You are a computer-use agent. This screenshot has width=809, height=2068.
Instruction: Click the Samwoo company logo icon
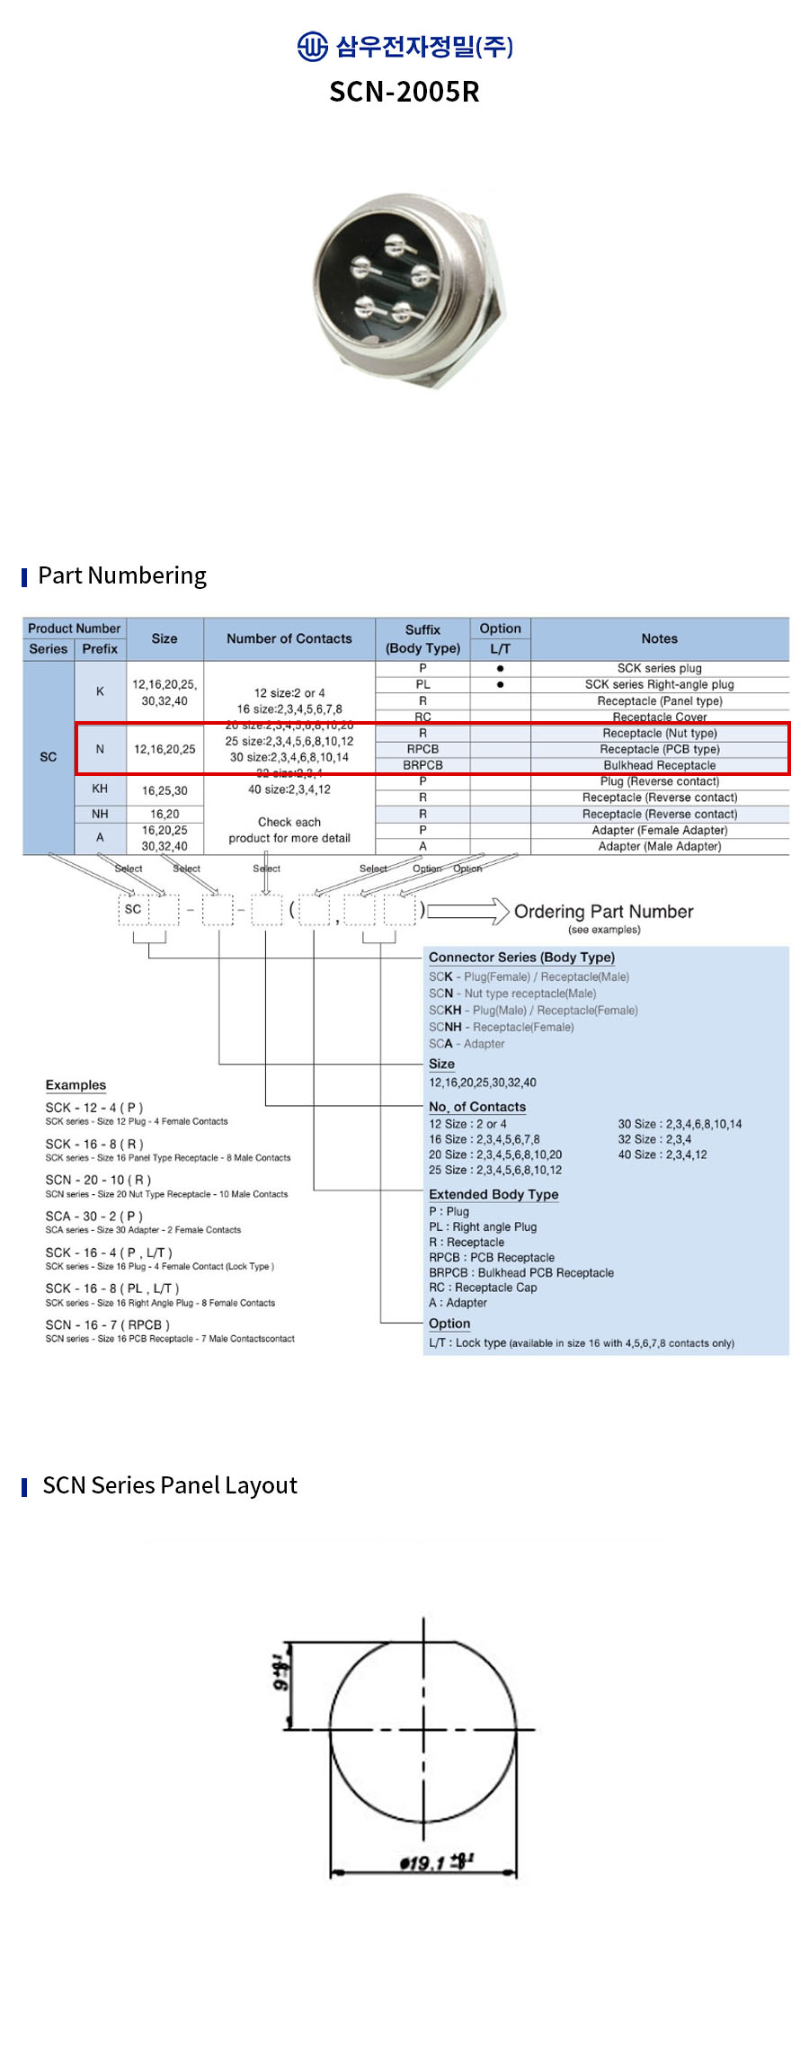tap(312, 46)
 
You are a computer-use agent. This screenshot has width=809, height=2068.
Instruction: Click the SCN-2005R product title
tap(404, 92)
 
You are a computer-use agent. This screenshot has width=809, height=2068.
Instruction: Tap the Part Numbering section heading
tap(122, 575)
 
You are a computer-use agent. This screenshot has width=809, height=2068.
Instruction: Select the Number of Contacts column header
tap(289, 638)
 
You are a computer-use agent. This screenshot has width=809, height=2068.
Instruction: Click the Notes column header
tap(659, 638)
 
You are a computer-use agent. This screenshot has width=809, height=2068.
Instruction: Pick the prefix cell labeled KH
tap(100, 789)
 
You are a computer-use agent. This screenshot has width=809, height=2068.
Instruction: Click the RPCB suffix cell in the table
tap(422, 749)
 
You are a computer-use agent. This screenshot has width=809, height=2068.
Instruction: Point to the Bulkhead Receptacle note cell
tap(659, 765)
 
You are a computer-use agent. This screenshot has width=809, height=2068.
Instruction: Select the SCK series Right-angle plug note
tap(659, 684)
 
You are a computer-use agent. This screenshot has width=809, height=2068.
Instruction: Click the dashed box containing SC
tap(133, 909)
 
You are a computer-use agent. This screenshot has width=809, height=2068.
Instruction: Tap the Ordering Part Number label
tap(603, 912)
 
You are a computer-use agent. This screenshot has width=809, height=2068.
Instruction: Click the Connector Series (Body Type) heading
tap(521, 958)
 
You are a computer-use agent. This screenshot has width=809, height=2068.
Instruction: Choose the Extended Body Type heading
tap(493, 1194)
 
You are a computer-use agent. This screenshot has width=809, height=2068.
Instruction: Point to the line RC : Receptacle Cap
tap(483, 1288)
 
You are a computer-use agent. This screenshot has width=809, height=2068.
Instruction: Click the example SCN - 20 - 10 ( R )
tap(99, 1180)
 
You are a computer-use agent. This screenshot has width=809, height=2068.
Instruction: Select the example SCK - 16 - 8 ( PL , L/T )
tap(112, 1288)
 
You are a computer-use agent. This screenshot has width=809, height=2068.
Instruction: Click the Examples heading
tap(76, 1085)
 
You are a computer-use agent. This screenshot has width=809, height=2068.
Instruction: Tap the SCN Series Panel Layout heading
tap(170, 1485)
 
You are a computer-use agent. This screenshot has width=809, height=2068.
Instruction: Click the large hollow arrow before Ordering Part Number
tap(468, 911)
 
